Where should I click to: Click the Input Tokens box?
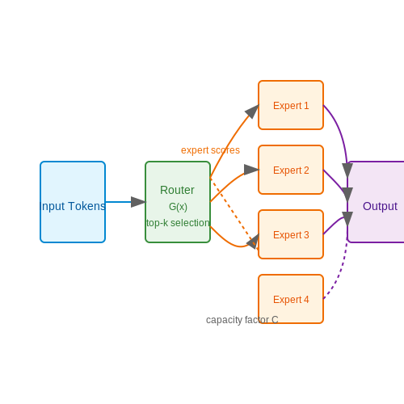pos(73,202)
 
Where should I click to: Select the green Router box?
pos(178,202)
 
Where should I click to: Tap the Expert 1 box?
pos(291,105)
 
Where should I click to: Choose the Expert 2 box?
pos(291,170)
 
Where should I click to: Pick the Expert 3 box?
pos(291,234)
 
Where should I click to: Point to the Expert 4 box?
pos(291,299)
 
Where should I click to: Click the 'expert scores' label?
pos(210,150)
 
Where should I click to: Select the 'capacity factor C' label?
pos(242,320)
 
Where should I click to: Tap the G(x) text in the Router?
pos(178,207)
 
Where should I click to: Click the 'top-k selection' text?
pos(178,223)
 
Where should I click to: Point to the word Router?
pos(177,190)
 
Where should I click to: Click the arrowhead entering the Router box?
pos(138,202)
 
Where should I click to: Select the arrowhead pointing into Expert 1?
pos(252,112)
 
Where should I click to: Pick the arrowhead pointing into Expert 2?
pos(251,170)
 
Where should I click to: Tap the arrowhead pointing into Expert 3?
pos(253,242)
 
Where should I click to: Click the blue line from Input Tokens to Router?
pos(119,202)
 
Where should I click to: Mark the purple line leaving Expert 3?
pos(334,224)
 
